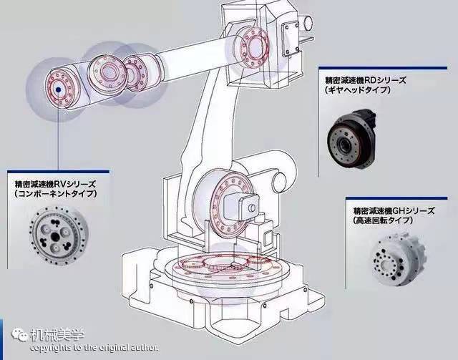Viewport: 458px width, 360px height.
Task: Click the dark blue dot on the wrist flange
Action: click(58, 89)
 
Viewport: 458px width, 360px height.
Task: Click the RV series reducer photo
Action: click(57, 235)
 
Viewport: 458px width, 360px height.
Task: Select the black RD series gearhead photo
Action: click(351, 140)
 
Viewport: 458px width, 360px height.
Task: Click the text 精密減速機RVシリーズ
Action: click(55, 184)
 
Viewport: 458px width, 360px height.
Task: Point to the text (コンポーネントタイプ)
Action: click(55, 194)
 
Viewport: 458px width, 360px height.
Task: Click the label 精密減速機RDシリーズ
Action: click(365, 80)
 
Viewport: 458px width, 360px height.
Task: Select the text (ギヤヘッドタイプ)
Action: click(357, 89)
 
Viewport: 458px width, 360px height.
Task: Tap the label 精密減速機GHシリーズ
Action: click(394, 210)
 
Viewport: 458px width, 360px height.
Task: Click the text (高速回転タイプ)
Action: click(383, 220)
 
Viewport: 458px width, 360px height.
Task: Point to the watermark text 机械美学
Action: click(57, 334)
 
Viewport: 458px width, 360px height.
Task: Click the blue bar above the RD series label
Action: click(383, 68)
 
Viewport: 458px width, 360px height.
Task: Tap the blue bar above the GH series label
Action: click(396, 198)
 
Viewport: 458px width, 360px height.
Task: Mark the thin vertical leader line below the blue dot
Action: click(58, 131)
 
